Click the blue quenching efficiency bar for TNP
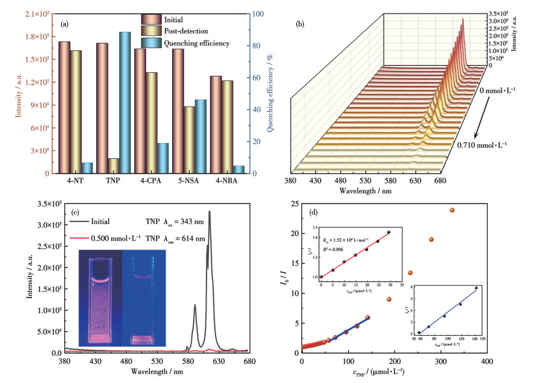[x=124, y=102]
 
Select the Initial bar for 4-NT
[x=64, y=107]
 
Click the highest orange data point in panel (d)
[x=452, y=210]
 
